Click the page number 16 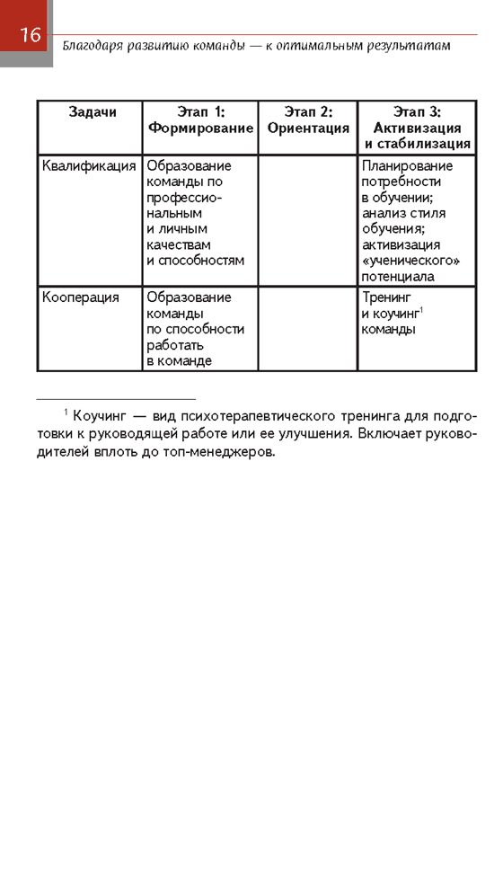30,35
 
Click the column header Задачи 92,111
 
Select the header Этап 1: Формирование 200,120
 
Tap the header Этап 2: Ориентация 308,120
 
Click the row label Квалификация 89,166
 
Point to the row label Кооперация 81,297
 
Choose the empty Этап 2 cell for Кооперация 308,328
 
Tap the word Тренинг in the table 386,297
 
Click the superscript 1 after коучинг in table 421,310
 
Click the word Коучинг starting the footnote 102,416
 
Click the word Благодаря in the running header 92,44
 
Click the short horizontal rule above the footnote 116,398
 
